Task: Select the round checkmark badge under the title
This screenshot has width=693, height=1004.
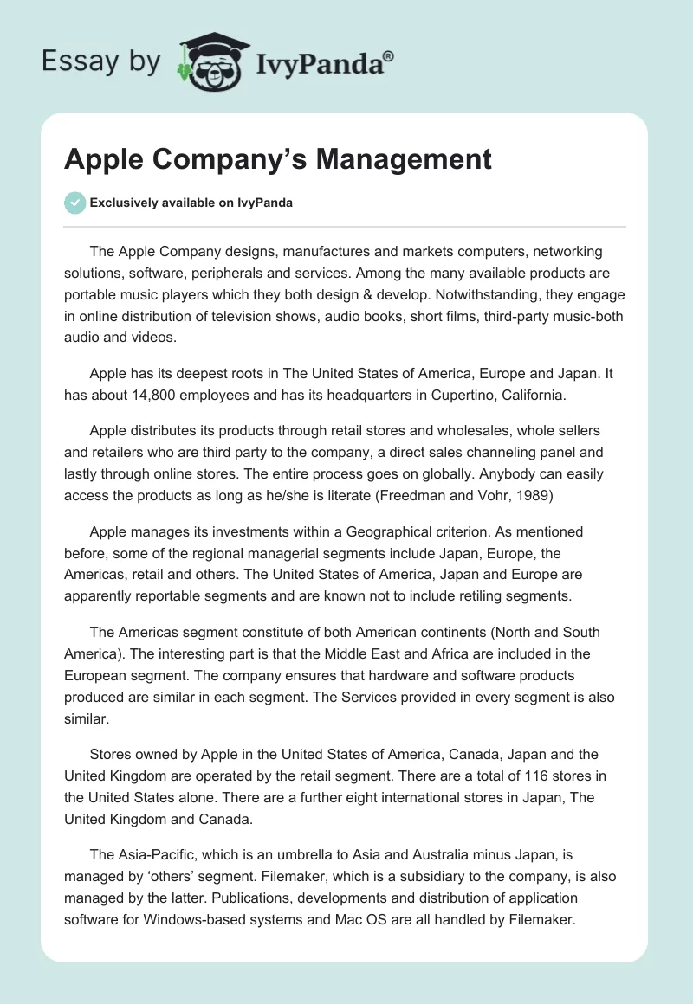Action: tap(74, 203)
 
